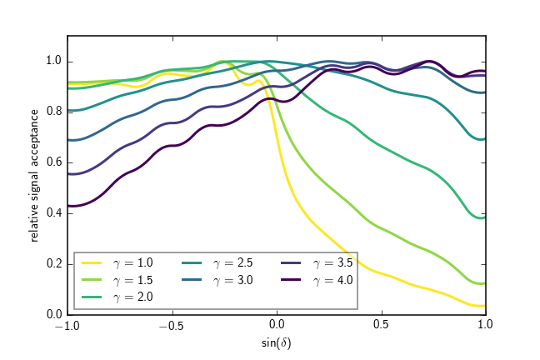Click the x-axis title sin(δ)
pos(277,342)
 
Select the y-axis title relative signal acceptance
pos(35,176)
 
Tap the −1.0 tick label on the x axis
pos(67,326)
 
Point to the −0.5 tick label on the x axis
pos(172,326)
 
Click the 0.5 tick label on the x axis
pos(382,326)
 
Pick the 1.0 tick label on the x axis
pos(486,326)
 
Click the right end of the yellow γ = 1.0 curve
pos(486,306)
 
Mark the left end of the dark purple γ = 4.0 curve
pos(68,206)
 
